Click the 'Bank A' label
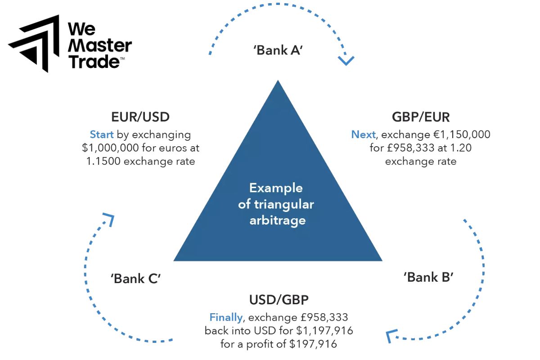[x=278, y=50]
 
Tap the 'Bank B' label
[x=428, y=277]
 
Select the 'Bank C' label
[x=136, y=279]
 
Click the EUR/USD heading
[x=140, y=117]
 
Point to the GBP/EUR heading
[x=421, y=117]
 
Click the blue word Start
[x=102, y=135]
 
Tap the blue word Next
[x=363, y=134]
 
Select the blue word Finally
[x=226, y=317]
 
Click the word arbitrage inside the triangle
[x=278, y=220]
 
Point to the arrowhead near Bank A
[x=346, y=60]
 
